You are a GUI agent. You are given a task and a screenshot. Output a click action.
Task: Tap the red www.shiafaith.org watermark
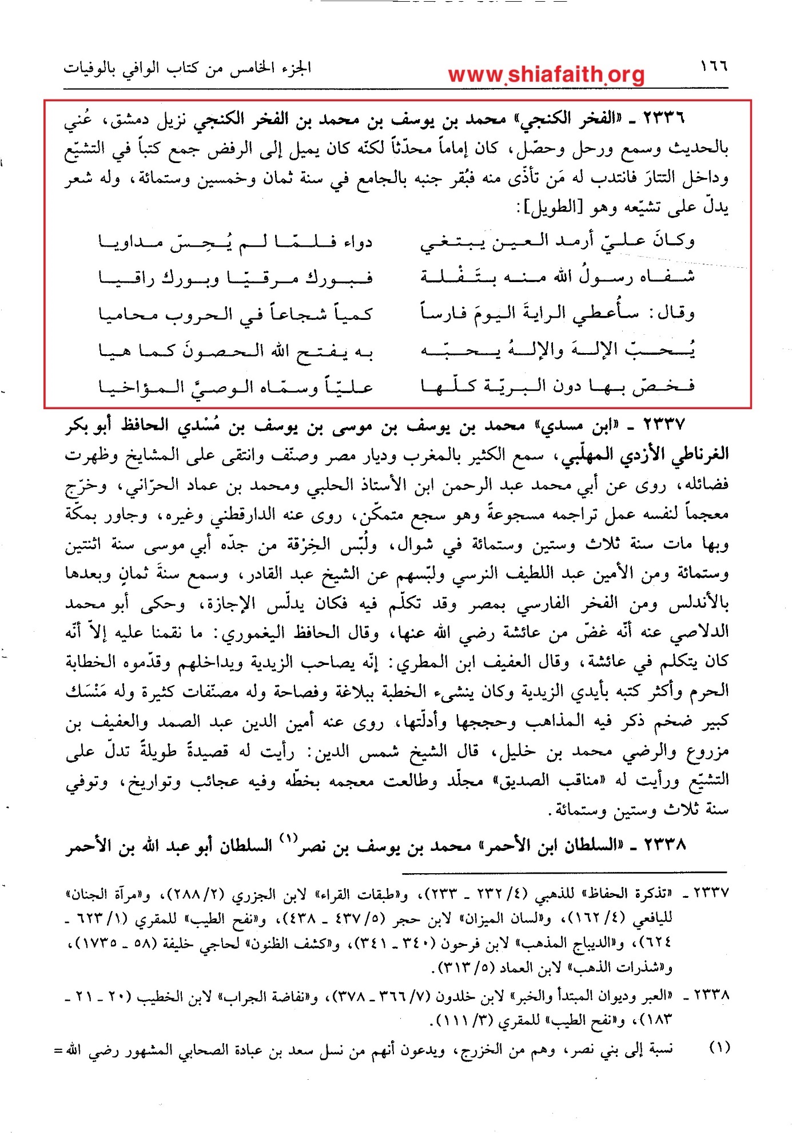tap(546, 74)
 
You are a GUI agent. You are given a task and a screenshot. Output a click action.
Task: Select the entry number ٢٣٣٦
tap(663, 119)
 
